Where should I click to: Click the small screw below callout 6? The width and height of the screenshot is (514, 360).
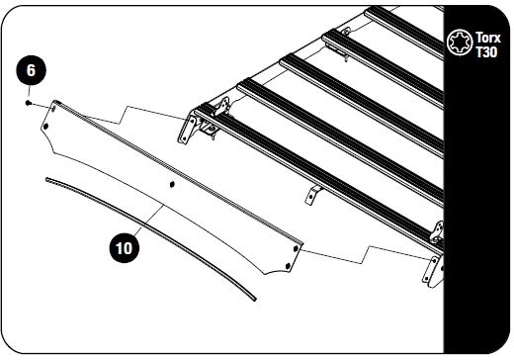point(32,102)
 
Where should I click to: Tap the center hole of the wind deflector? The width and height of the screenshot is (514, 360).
point(172,184)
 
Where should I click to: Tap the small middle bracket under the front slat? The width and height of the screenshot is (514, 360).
point(312,193)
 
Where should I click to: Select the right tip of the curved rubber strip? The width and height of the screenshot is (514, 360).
point(255,296)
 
